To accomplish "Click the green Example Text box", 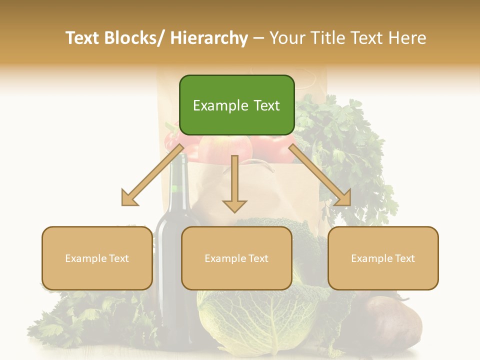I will click(236, 105).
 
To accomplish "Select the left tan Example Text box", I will click(97, 258).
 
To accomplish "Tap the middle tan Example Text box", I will click(236, 258).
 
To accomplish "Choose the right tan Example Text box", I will click(383, 258).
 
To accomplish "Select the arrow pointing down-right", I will click(320, 175).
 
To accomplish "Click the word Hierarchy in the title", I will click(209, 38).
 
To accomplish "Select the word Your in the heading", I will click(287, 38).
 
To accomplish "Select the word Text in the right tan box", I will click(404, 258).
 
